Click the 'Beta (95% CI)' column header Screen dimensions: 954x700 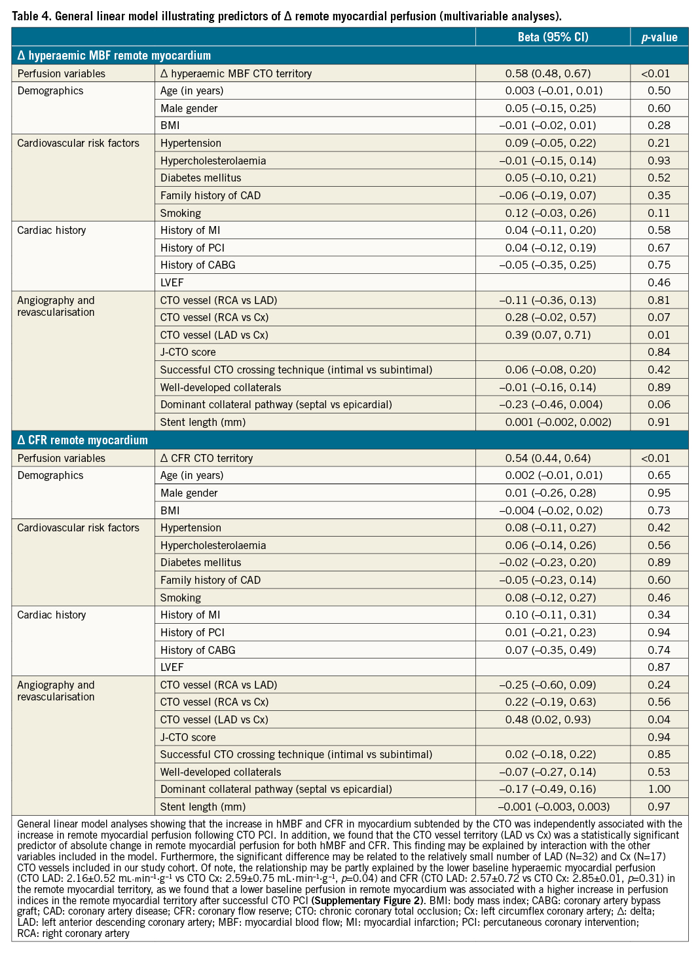tap(553, 37)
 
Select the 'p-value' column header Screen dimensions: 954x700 tap(659, 37)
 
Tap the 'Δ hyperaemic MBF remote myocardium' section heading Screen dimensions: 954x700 tap(114, 56)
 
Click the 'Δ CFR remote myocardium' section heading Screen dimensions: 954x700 tap(83, 440)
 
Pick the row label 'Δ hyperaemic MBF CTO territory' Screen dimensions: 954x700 tap(236, 73)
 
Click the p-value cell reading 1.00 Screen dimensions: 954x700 tap(659, 790)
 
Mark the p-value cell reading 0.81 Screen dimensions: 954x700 tap(659, 300)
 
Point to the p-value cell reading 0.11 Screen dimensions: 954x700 tap(659, 213)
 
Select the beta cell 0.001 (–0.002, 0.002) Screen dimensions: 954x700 tap(558, 422)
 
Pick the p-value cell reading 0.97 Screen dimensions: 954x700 tap(659, 807)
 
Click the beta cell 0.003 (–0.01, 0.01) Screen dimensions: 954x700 tap(553, 90)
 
